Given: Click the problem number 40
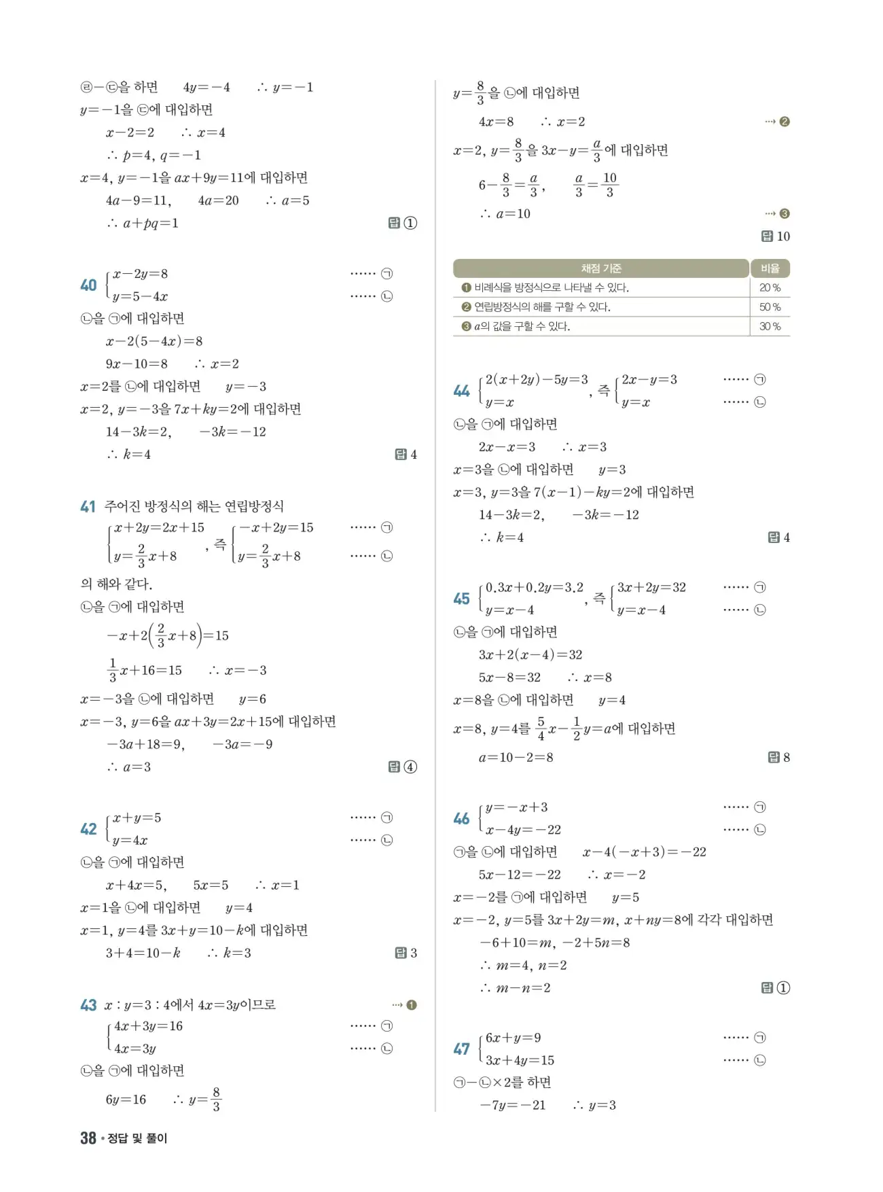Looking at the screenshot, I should [x=88, y=285].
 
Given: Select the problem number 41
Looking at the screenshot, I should [x=88, y=506].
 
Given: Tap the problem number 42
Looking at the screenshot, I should [x=88, y=829].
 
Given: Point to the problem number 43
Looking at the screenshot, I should [x=88, y=1005].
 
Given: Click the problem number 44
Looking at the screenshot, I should [x=461, y=391].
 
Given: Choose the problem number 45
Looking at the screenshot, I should [x=461, y=599].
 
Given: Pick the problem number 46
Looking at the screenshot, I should [x=461, y=819].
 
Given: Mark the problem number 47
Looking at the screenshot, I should [x=461, y=1049].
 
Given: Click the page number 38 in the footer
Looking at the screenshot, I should [x=88, y=1138].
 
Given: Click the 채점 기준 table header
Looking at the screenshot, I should [x=600, y=268].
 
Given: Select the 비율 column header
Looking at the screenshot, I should [x=770, y=268].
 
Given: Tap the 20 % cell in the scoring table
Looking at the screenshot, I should [x=770, y=288].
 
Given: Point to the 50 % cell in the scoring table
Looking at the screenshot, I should [x=770, y=307].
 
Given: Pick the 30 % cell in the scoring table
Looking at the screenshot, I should [x=770, y=327].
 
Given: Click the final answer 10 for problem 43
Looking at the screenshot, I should [x=782, y=236].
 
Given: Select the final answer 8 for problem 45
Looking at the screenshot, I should [x=786, y=758].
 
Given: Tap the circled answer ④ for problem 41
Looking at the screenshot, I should [x=410, y=767].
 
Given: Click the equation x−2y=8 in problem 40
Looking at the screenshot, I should [x=140, y=274].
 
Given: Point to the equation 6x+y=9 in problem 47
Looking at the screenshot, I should [x=513, y=1038].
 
